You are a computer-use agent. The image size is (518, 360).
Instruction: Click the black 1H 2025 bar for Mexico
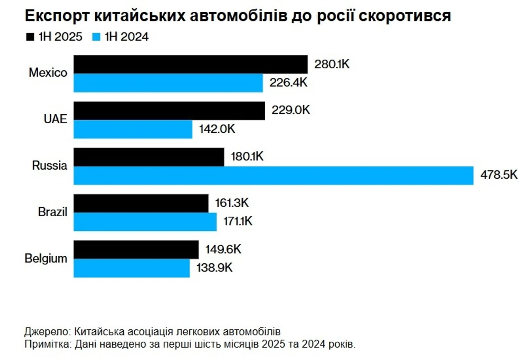pyautogui.click(x=190, y=64)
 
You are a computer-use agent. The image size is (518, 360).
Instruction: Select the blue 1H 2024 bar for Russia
pyautogui.click(x=273, y=176)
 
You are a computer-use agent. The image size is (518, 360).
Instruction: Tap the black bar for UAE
pyautogui.click(x=169, y=111)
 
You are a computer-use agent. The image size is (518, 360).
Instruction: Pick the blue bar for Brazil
pyautogui.click(x=145, y=221)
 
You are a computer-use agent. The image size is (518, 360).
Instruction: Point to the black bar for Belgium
pyautogui.click(x=136, y=249)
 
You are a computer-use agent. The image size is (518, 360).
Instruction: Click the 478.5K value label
pyautogui.click(x=499, y=175)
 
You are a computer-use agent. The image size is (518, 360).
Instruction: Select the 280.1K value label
pyautogui.click(x=332, y=64)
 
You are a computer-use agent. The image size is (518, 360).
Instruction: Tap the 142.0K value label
pyautogui.click(x=217, y=129)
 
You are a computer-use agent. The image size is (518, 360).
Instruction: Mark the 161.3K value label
pyautogui.click(x=232, y=203)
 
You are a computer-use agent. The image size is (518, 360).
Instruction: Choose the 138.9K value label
pyautogui.click(x=214, y=268)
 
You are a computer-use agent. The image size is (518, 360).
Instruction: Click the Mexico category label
pyautogui.click(x=48, y=73)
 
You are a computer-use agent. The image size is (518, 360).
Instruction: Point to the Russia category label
pyautogui.click(x=50, y=165)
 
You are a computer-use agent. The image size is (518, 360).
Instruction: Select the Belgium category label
pyautogui.click(x=46, y=258)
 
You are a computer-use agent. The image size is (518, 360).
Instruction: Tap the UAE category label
pyautogui.click(x=55, y=119)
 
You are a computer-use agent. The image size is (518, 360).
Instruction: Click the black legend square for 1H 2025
pyautogui.click(x=30, y=37)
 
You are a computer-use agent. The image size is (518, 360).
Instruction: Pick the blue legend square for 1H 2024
pyautogui.click(x=96, y=37)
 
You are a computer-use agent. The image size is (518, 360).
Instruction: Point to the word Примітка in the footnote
pyautogui.click(x=48, y=344)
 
